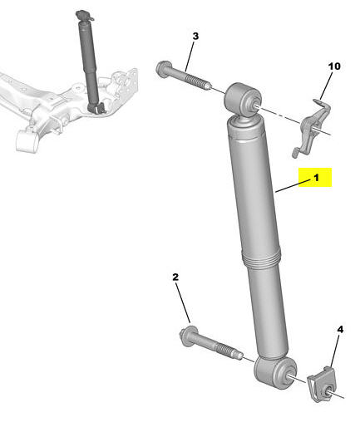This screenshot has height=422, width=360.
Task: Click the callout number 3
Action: [x=195, y=36]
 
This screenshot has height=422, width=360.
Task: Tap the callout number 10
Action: [x=334, y=66]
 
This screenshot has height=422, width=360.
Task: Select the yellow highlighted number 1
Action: [x=316, y=178]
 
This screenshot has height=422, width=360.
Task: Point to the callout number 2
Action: [x=175, y=277]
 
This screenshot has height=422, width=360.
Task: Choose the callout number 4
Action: [x=340, y=330]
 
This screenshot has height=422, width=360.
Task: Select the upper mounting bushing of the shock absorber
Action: [x=243, y=98]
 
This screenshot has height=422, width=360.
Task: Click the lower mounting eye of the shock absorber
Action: [x=275, y=372]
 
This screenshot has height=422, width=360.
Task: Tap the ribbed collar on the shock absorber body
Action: [x=261, y=257]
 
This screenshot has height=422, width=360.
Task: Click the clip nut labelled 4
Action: [x=322, y=385]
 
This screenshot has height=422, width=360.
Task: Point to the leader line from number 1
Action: [x=293, y=185]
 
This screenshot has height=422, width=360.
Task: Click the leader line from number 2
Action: [x=183, y=303]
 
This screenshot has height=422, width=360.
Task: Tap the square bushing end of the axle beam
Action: [x=27, y=140]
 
